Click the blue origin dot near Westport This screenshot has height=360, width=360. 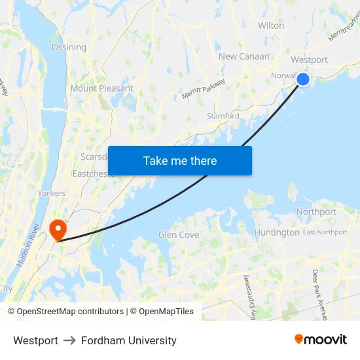(x=303, y=79)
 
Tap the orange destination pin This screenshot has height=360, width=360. (x=58, y=229)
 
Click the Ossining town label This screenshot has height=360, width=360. (x=69, y=47)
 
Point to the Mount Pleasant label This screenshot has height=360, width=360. (x=101, y=88)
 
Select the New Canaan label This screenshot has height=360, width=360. (x=243, y=56)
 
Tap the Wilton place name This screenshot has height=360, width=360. (x=271, y=26)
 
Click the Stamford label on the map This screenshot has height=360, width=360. (x=223, y=116)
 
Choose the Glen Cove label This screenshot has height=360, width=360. (x=179, y=235)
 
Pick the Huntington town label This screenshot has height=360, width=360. (x=277, y=232)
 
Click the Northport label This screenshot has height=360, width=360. (x=316, y=211)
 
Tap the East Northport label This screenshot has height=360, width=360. (x=325, y=232)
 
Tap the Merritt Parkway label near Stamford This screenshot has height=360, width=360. (x=204, y=90)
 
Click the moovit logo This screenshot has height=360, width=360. (x=320, y=339)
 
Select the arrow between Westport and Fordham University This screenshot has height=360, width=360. (x=69, y=340)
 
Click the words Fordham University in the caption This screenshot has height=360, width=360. (x=129, y=340)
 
